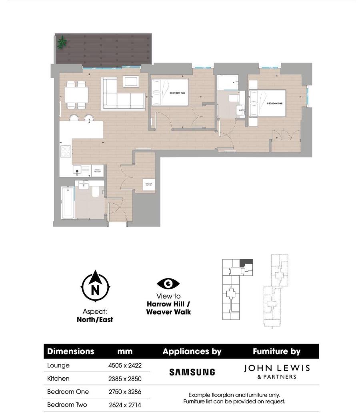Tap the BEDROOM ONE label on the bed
275,103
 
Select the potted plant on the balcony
62,41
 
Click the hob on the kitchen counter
66,151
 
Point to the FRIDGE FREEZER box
98,171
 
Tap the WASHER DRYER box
148,184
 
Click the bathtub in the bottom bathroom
68,203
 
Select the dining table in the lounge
76,95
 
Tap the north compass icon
95,287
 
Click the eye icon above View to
168,284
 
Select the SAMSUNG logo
192,372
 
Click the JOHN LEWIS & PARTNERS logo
277,371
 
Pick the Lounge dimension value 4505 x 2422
124,365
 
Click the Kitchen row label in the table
58,379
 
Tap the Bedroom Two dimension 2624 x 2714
125,405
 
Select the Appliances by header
192,352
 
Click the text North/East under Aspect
95,320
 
